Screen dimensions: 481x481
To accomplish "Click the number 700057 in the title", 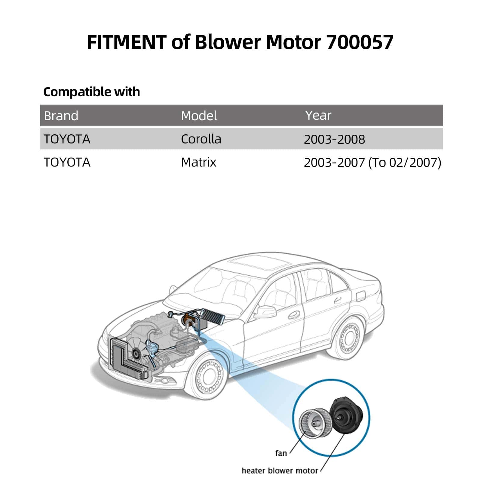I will pyautogui.click(x=360, y=42).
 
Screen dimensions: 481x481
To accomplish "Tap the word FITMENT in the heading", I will pyautogui.click(x=126, y=42).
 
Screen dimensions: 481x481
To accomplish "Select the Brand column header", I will pyautogui.click(x=61, y=116).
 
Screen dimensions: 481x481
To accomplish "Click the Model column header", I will pyautogui.click(x=199, y=116).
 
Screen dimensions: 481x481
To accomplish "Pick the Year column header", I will pyautogui.click(x=318, y=115).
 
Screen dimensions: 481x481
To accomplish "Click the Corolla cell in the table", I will pyautogui.click(x=201, y=139).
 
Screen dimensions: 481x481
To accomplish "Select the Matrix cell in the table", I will pyautogui.click(x=198, y=162).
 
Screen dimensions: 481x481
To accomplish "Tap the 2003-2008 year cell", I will pyautogui.click(x=334, y=139).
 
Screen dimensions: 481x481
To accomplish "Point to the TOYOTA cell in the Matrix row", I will pyautogui.click(x=67, y=162).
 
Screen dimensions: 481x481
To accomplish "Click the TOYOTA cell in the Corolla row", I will pyautogui.click(x=67, y=139).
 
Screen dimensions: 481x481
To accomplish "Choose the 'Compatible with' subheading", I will pyautogui.click(x=92, y=92).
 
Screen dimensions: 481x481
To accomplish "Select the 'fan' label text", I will pyautogui.click(x=281, y=453).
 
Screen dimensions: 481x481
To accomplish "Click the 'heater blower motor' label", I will pyautogui.click(x=280, y=470).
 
